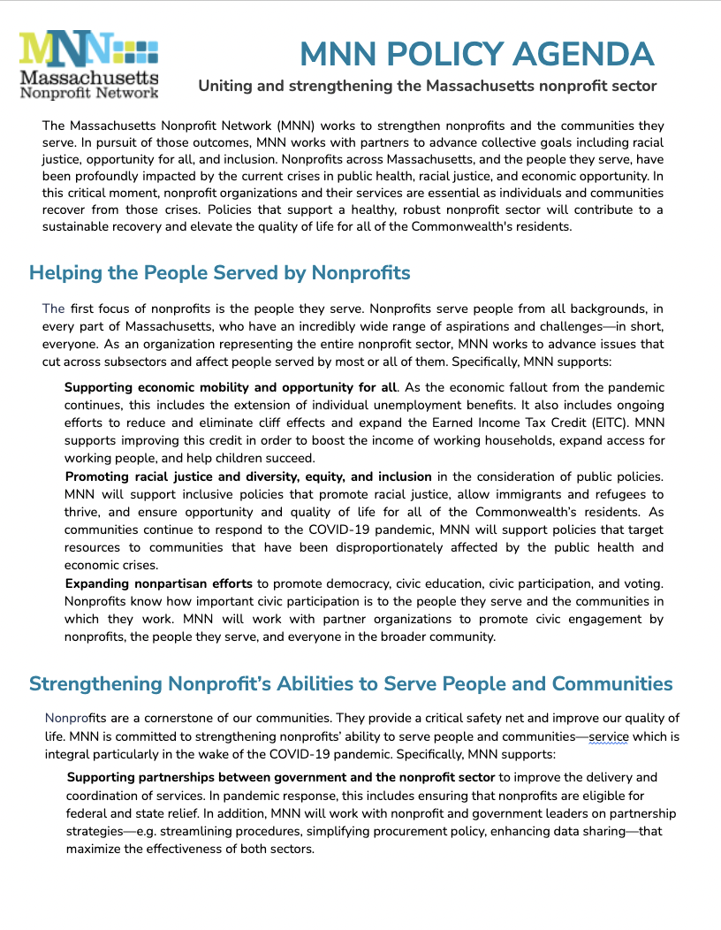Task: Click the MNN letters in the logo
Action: pyautogui.click(x=66, y=50)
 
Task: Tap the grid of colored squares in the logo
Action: pyautogui.click(x=136, y=48)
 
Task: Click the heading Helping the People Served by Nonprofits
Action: pyautogui.click(x=220, y=272)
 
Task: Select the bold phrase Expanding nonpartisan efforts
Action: pyautogui.click(x=159, y=583)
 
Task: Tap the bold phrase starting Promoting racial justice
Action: pyautogui.click(x=248, y=476)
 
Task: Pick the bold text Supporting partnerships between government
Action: pyautogui.click(x=281, y=778)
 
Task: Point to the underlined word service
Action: pyautogui.click(x=608, y=736)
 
